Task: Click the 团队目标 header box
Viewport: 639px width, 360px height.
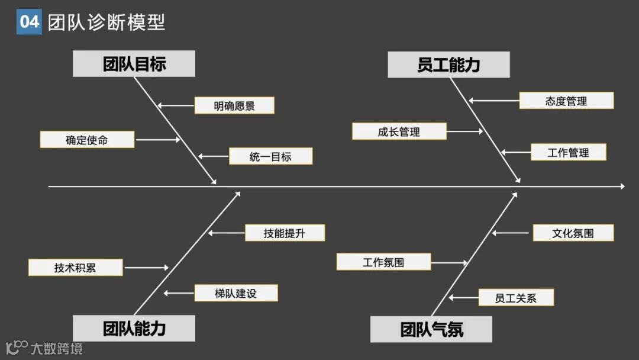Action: pyautogui.click(x=134, y=64)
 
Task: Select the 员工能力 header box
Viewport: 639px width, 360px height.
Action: pyautogui.click(x=448, y=65)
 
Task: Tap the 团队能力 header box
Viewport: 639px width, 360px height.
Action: pyautogui.click(x=134, y=328)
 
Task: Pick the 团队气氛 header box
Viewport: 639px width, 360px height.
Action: pyautogui.click(x=431, y=329)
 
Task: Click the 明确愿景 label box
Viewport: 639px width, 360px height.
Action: pyautogui.click(x=234, y=105)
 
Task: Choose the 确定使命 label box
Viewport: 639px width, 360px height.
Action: pyautogui.click(x=87, y=140)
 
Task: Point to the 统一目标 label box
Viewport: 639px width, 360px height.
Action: pyautogui.click(x=270, y=156)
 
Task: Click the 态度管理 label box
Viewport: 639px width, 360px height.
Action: pyautogui.click(x=566, y=101)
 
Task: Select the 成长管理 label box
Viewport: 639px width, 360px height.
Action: pyautogui.click(x=399, y=131)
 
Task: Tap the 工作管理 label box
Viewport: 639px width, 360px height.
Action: pyautogui.click(x=568, y=152)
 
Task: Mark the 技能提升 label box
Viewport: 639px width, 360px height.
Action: pyautogui.click(x=285, y=233)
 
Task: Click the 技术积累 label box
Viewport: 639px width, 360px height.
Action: pyautogui.click(x=75, y=268)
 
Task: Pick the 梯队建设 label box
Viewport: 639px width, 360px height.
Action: pyautogui.click(x=235, y=293)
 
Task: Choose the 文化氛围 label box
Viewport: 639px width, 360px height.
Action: pyautogui.click(x=573, y=233)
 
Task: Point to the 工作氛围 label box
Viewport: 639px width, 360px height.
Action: pyautogui.click(x=383, y=262)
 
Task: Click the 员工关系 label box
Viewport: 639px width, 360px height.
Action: pyautogui.click(x=516, y=298)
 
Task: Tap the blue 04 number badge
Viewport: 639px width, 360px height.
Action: pyautogui.click(x=29, y=22)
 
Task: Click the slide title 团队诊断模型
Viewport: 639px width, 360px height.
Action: pyautogui.click(x=106, y=22)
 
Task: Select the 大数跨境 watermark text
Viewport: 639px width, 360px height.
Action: pyautogui.click(x=57, y=348)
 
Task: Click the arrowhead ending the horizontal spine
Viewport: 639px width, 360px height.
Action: pyautogui.click(x=622, y=187)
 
